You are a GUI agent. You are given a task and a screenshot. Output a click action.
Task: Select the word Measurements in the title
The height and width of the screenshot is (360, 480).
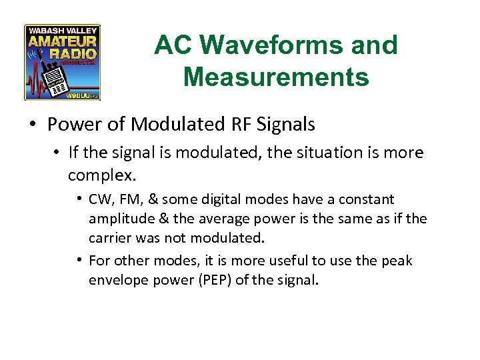(275, 77)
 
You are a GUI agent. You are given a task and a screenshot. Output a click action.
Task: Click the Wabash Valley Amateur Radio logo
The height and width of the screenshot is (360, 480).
(63, 63)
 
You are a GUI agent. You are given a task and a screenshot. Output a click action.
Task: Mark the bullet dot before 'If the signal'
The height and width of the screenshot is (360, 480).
(57, 153)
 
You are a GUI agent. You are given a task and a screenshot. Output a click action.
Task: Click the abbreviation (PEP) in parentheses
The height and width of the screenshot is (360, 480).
(211, 280)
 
